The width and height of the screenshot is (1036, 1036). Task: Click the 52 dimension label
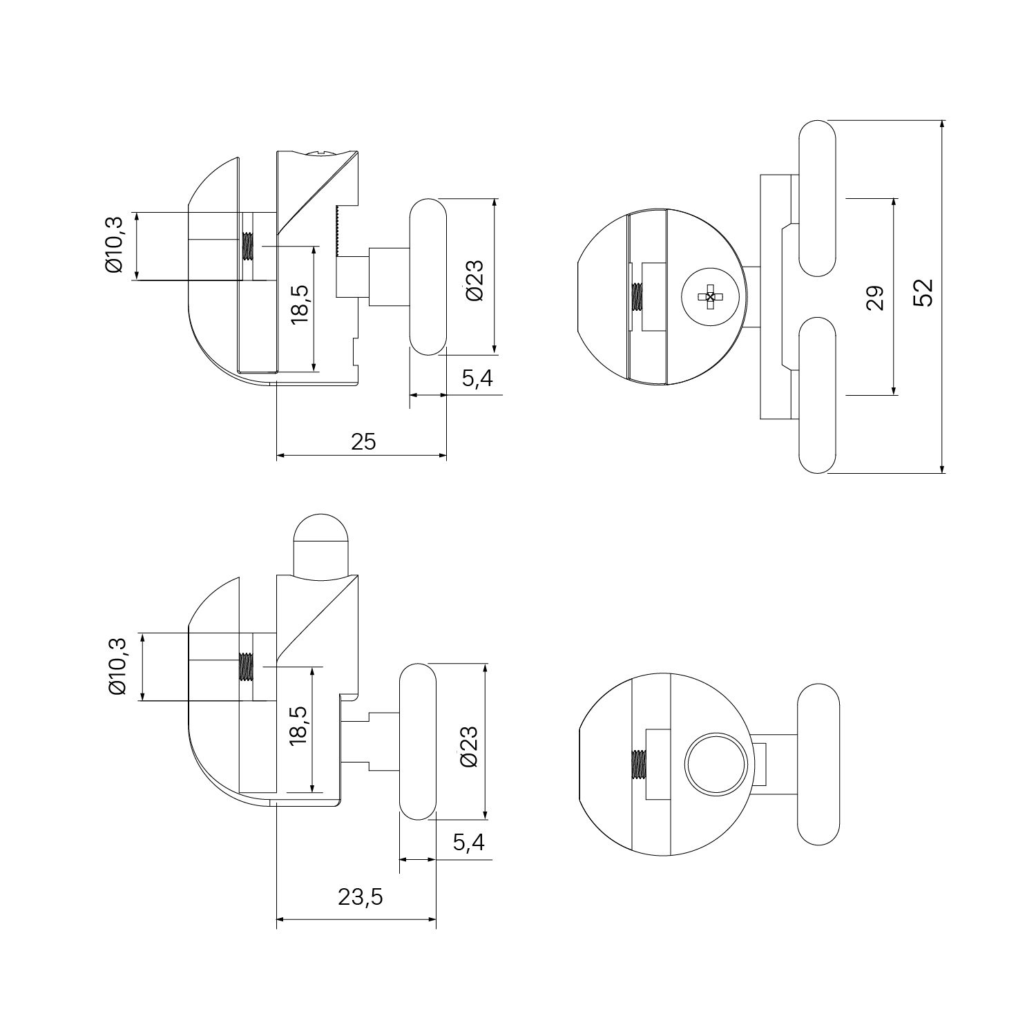point(923,292)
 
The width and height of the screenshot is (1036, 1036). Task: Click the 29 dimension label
point(875,298)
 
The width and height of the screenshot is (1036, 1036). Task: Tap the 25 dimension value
point(364,441)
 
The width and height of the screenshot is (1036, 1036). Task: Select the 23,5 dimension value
point(361,896)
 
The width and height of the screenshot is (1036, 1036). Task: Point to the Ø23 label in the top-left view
point(475,280)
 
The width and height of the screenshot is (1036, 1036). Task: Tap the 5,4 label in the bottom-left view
point(469,842)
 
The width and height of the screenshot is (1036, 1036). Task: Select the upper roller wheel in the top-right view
point(817,198)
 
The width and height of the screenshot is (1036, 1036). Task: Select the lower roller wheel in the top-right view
point(817,395)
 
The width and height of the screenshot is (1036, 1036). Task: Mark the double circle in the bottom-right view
point(716,765)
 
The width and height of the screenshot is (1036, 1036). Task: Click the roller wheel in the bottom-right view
point(818,765)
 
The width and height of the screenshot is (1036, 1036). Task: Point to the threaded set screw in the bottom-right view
point(638,765)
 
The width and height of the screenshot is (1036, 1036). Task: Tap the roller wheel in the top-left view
point(428,277)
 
